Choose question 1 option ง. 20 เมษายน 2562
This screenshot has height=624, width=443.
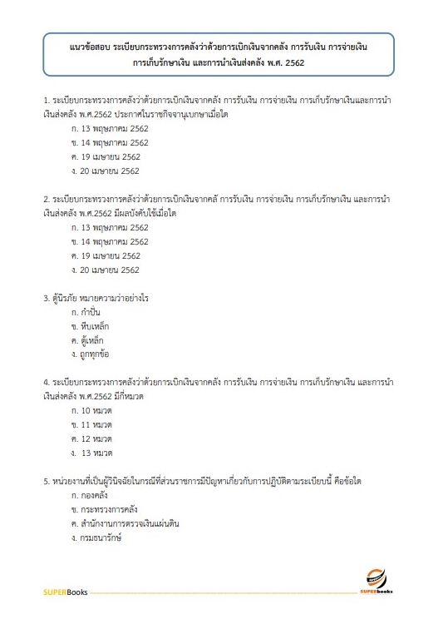pyautogui.click(x=106, y=171)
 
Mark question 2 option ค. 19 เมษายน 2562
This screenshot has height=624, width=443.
pyautogui.click(x=106, y=255)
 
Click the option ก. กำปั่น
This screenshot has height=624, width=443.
pyautogui.click(x=89, y=312)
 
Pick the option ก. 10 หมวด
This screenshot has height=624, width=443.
pyautogui.click(x=92, y=411)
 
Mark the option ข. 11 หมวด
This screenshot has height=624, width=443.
pyautogui.click(x=92, y=425)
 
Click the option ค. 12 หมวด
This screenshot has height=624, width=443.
pyautogui.click(x=92, y=439)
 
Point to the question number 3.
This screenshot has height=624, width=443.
pyautogui.click(x=46, y=298)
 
